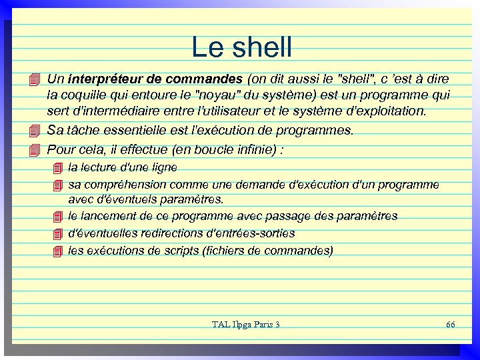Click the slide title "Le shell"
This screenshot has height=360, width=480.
point(241,47)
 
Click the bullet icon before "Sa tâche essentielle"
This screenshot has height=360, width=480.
point(35,130)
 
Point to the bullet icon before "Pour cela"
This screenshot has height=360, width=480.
point(35,149)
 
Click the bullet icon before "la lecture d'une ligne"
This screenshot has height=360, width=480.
point(57,167)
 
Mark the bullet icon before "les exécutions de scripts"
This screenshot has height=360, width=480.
point(57,251)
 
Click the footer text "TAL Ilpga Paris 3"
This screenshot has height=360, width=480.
point(246,324)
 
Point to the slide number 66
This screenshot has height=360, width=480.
point(450,324)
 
